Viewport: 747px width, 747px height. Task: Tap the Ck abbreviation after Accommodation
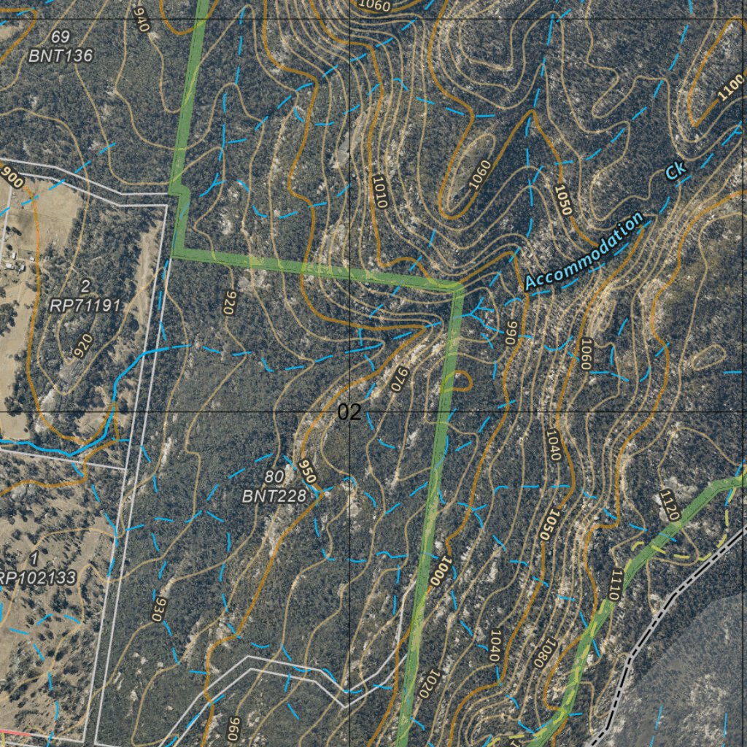(676, 171)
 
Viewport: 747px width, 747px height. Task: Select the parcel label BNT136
(61, 55)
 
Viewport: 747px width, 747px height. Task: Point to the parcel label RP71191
(85, 306)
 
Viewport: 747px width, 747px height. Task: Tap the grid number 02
(349, 413)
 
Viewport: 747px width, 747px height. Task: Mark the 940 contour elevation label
(142, 18)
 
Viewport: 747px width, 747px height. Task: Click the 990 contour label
(511, 333)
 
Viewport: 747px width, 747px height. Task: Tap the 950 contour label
(308, 472)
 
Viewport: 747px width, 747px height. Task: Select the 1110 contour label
(611, 584)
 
